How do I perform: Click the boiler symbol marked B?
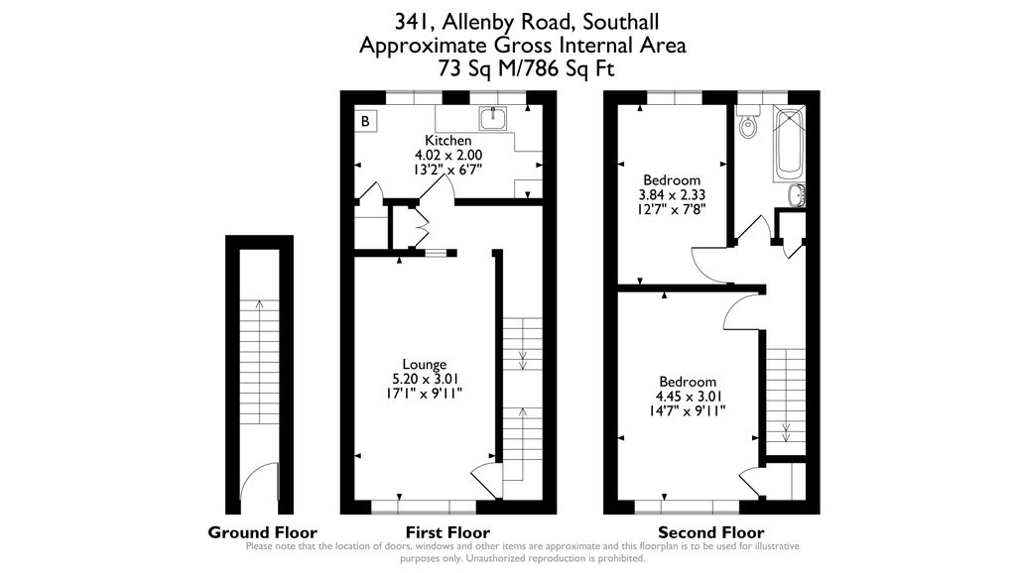[365, 122]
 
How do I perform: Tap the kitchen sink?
[493, 120]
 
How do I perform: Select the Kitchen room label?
[447, 141]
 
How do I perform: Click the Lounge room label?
[424, 364]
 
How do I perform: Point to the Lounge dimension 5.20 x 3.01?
[424, 379]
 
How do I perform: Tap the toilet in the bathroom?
[749, 125]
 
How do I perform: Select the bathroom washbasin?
[797, 195]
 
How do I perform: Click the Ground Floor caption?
[262, 532]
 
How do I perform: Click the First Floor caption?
[447, 532]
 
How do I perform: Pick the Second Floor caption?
[710, 532]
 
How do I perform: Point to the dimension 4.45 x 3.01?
[688, 397]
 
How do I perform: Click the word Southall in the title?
[621, 21]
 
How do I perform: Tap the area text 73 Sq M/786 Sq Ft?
[526, 68]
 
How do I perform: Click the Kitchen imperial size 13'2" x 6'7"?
[447, 170]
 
